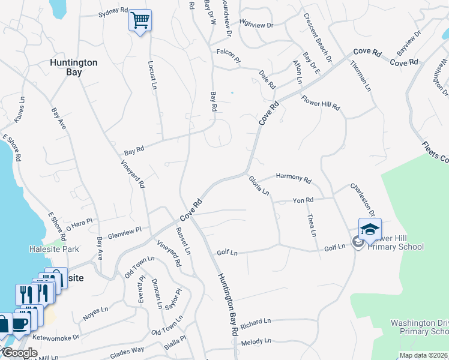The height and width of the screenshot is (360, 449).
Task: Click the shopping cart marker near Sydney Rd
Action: click(x=140, y=21)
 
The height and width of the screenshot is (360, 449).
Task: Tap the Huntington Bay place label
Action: click(x=74, y=67)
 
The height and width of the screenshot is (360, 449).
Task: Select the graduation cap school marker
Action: click(x=370, y=229)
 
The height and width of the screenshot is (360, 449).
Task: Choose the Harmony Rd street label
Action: click(x=294, y=178)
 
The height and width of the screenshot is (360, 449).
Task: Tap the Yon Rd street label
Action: click(x=303, y=200)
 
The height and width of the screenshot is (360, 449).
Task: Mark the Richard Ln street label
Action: click(x=256, y=323)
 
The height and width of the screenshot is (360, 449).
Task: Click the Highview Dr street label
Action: click(x=256, y=25)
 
